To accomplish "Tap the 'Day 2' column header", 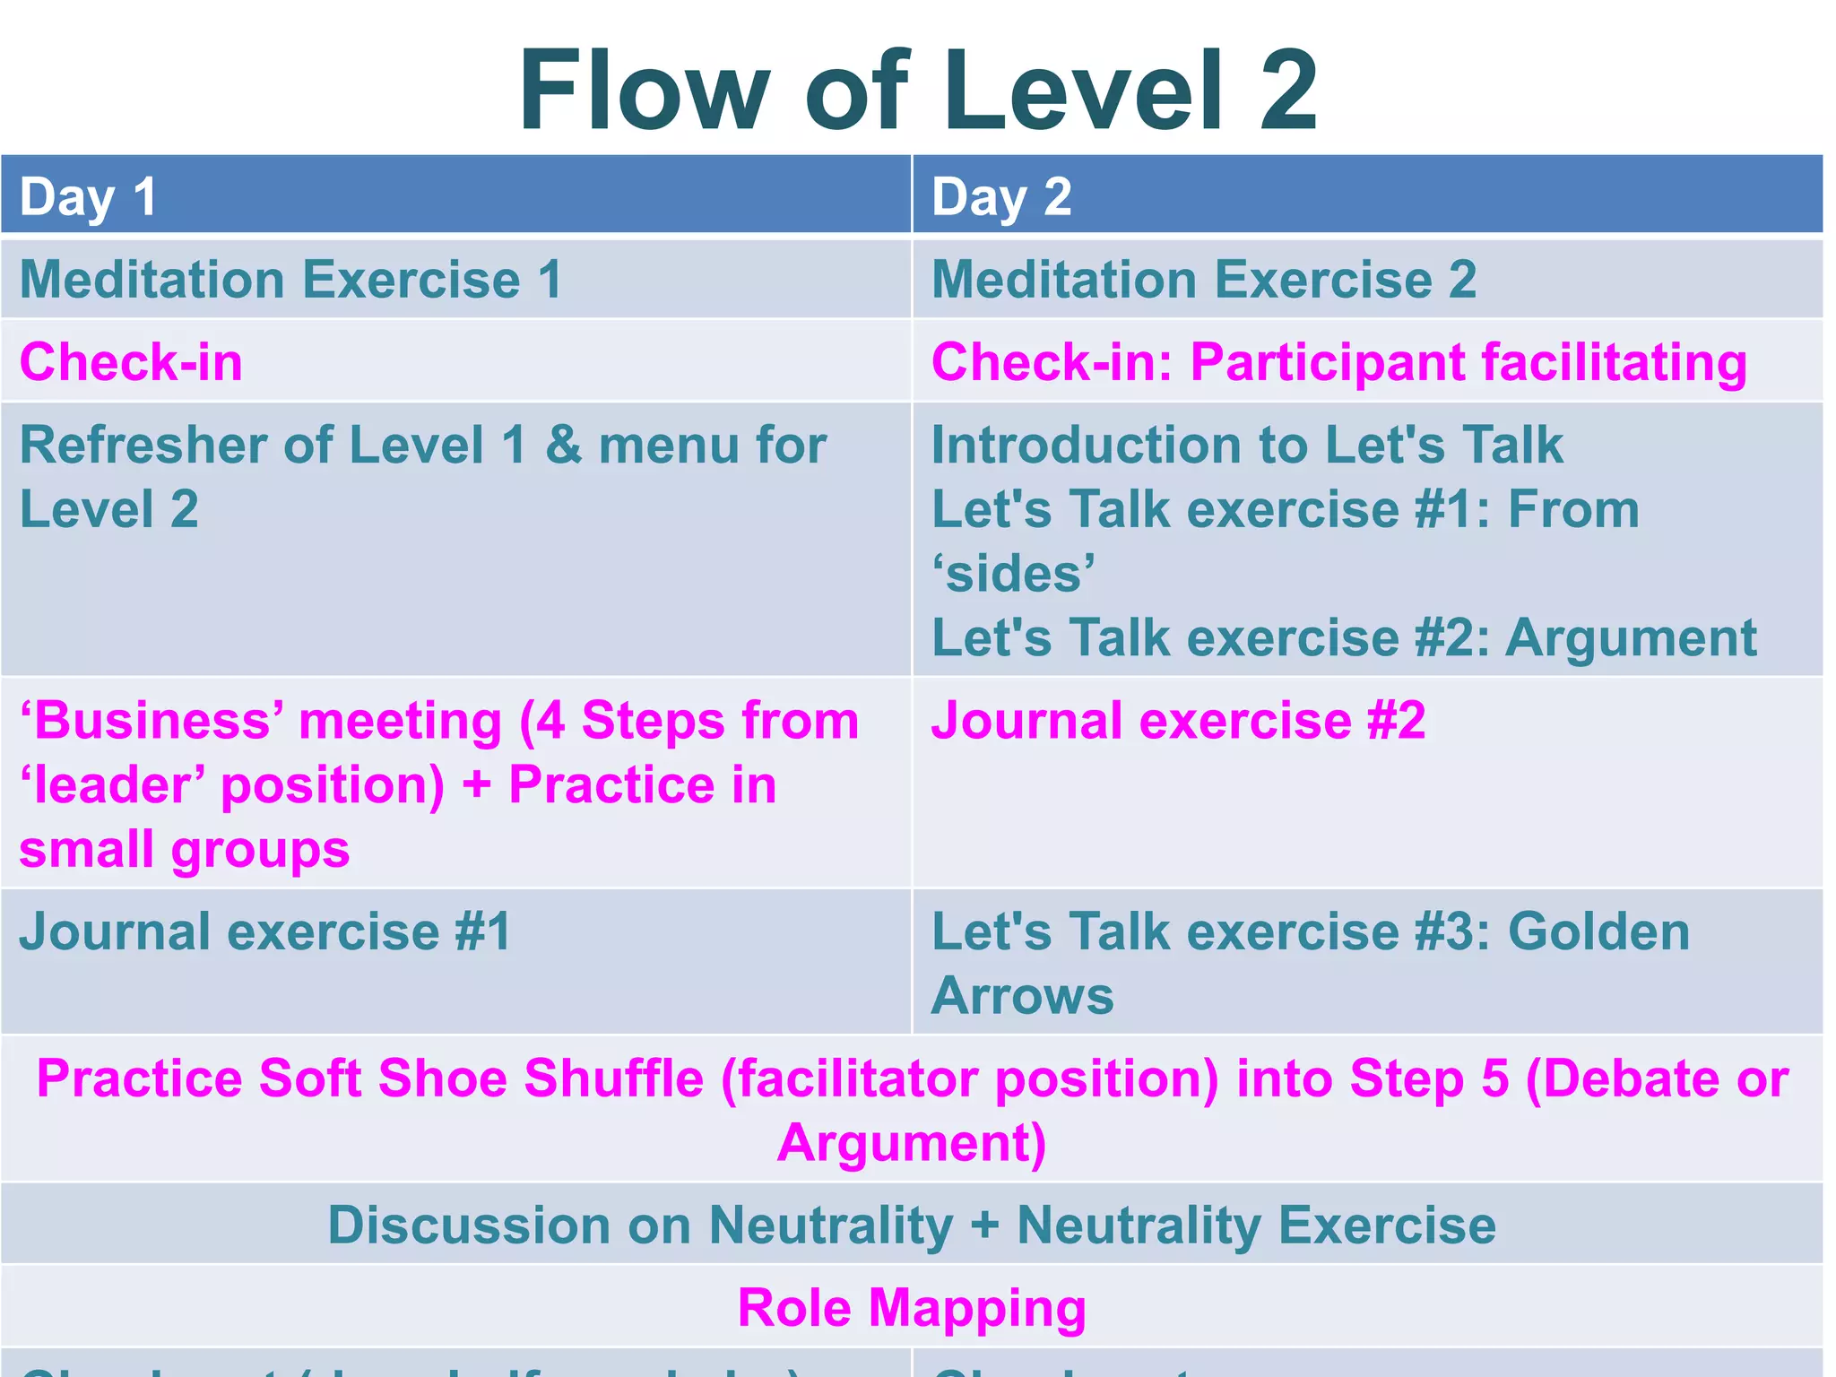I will tap(1001, 196).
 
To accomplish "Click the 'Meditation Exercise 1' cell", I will tap(291, 279).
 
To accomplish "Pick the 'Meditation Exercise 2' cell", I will tap(1204, 279).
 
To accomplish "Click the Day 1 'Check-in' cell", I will tap(131, 362).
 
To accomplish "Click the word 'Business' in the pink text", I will tap(160, 721).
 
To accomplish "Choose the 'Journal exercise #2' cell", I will tap(1178, 721).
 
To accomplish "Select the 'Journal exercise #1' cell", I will tap(265, 931).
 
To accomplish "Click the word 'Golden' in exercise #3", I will tap(1598, 931).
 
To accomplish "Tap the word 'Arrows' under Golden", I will tap(1022, 996).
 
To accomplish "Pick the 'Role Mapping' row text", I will tap(912, 1307).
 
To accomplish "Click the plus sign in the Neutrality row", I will tap(984, 1226).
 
